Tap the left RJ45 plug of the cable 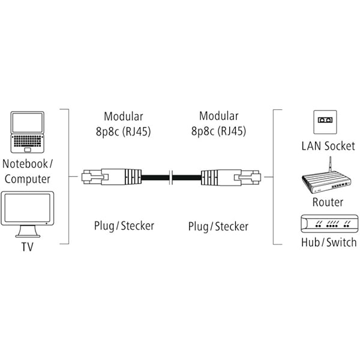point(111,178)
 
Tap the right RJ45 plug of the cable point(230,178)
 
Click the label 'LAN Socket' point(328,146)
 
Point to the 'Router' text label point(328,202)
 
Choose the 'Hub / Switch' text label point(328,242)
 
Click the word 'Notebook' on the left point(25,163)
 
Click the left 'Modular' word point(123,116)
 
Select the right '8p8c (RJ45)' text point(218,131)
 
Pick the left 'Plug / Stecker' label point(124,226)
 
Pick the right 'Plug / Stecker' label point(218,226)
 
